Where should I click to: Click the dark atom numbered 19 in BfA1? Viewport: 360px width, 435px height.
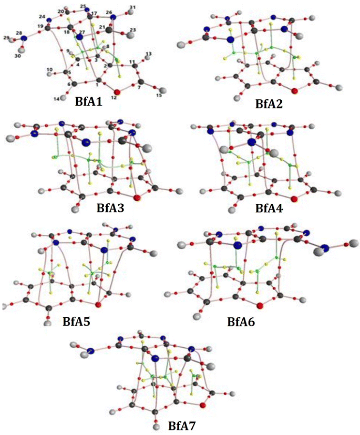point(48,27)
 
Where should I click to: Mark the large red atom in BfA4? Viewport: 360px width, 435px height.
point(293,198)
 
